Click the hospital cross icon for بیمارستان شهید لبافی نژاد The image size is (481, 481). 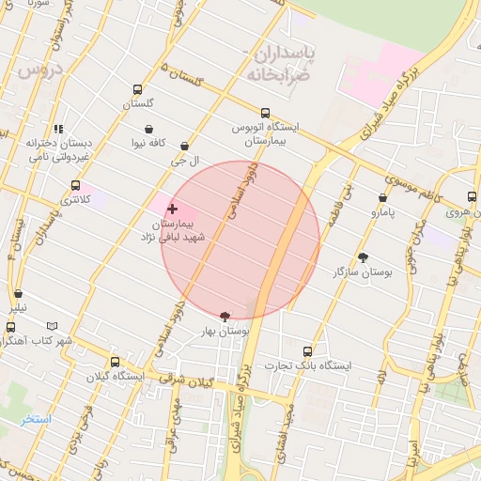click(171, 209)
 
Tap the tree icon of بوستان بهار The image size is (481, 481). click(224, 318)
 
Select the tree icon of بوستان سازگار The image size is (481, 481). click(363, 256)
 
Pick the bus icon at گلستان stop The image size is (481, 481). click(138, 91)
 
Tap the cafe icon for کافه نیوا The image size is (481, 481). click(149, 129)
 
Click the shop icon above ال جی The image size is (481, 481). click(184, 147)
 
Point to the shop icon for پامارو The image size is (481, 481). click(382, 197)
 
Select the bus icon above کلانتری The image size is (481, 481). click(75, 185)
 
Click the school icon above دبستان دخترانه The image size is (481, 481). click(58, 129)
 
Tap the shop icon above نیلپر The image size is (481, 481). click(18, 294)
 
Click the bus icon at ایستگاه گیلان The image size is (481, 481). click(115, 362)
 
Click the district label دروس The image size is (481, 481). click(39, 68)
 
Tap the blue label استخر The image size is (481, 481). click(37, 418)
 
